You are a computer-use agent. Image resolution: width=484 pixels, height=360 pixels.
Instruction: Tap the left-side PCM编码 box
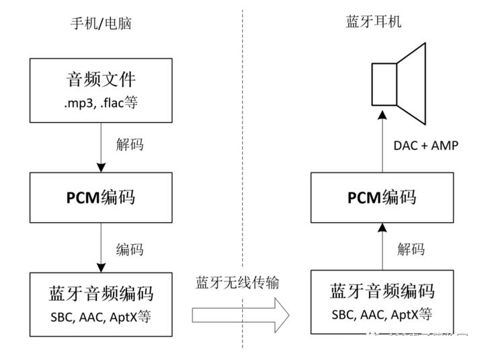click(101, 197)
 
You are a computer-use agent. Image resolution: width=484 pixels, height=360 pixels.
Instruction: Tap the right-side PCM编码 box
click(381, 197)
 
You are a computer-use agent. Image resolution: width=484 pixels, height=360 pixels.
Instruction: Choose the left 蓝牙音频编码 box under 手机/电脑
click(101, 301)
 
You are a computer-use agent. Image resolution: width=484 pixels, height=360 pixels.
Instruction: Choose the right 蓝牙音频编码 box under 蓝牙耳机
click(381, 301)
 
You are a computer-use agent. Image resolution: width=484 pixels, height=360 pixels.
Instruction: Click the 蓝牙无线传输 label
click(237, 283)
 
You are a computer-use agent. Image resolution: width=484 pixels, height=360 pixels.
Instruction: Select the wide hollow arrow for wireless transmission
click(240, 314)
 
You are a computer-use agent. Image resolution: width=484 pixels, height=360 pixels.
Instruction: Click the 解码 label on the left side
click(130, 145)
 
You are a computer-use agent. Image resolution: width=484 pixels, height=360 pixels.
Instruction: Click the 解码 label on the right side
click(411, 249)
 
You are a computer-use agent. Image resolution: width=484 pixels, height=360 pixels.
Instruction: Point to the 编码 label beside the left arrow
click(130, 249)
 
